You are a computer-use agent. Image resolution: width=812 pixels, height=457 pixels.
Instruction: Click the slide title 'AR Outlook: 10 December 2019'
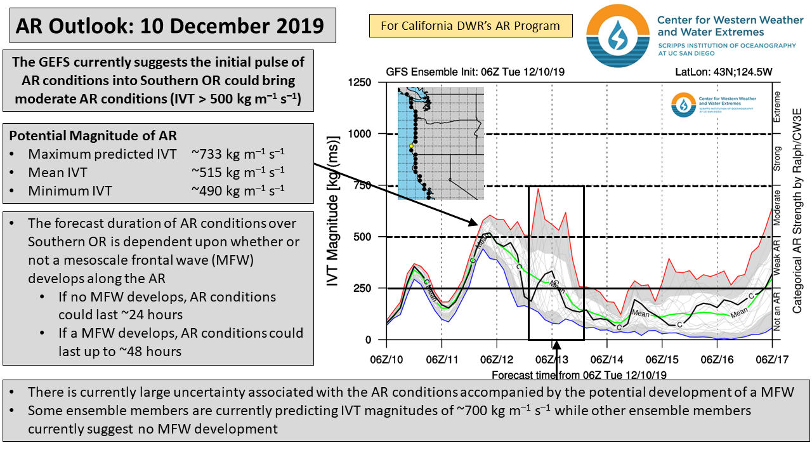(169, 26)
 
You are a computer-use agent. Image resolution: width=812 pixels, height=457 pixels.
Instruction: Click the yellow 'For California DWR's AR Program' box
(470, 26)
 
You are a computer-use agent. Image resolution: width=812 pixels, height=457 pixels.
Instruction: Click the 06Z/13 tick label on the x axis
(551, 360)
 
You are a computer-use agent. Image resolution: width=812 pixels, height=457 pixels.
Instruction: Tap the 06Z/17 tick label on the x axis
(771, 360)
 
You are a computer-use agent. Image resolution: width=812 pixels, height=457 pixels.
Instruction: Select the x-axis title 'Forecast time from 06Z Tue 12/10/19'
(579, 374)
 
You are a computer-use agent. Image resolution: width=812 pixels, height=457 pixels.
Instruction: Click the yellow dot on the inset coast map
(411, 146)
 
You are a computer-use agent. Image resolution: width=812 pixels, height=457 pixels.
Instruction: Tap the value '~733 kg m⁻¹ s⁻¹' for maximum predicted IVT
(238, 154)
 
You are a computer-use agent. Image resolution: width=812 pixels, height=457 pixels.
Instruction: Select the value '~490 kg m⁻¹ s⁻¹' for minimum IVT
(238, 189)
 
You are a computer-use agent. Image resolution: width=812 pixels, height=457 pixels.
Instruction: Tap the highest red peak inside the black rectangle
(538, 189)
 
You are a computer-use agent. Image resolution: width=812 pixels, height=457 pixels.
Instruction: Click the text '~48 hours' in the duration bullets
(155, 351)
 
